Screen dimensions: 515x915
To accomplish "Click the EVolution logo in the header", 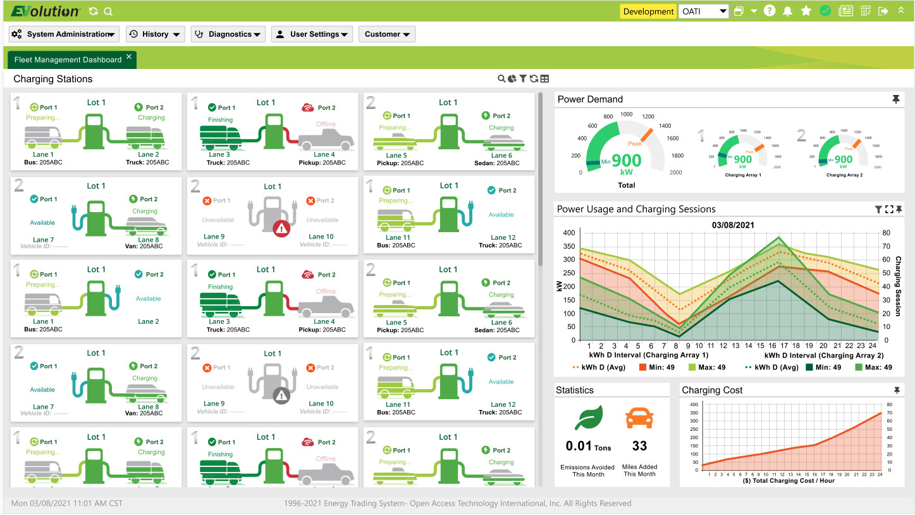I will [x=45, y=11].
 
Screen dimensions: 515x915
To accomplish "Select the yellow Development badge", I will [x=648, y=11].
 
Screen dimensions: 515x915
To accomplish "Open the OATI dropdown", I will [x=704, y=11].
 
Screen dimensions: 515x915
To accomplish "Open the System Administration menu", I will [x=64, y=34].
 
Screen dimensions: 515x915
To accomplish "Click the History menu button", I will [x=155, y=34].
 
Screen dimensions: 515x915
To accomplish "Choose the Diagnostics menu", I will [x=228, y=34].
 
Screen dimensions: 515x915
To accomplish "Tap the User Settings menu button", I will [x=312, y=34].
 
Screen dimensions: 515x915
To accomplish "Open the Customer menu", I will [x=386, y=34].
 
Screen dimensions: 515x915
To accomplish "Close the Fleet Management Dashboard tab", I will [x=129, y=57].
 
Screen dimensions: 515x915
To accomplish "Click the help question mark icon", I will [x=770, y=11].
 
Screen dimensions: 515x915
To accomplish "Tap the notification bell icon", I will [x=788, y=11].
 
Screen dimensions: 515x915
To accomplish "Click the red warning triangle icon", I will [x=281, y=228].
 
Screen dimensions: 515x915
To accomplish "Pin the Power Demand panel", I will [x=895, y=99].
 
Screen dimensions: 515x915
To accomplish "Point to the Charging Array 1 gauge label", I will [x=742, y=175].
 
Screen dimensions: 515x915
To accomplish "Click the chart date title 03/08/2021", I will [x=733, y=225].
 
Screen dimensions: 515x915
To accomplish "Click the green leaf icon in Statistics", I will [x=588, y=418].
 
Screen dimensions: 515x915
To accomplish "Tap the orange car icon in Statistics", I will [x=639, y=418].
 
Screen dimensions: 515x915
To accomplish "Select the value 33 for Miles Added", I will [x=639, y=446].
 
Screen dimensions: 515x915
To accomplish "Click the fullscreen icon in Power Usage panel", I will [x=889, y=209].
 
